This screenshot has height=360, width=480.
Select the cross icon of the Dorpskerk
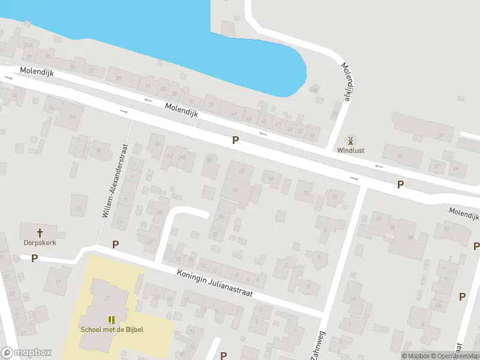tap(40, 232)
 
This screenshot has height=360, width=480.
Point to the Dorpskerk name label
tap(35, 243)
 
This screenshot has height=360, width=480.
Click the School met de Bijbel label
tap(112, 329)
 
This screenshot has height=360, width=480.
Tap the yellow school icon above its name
tap(112, 319)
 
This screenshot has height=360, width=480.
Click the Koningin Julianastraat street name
tap(214, 282)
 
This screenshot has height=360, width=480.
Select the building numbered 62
tap(242, 171)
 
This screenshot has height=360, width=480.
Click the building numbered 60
tap(236, 190)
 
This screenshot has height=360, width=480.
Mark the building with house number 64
tap(271, 178)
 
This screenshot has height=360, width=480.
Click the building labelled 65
tap(400, 156)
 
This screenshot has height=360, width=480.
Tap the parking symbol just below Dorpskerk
tap(35, 259)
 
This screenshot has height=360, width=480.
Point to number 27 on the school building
tap(109, 298)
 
